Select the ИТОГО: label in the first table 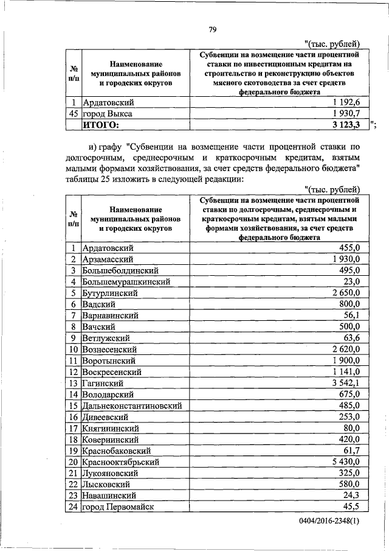101,125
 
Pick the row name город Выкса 108,113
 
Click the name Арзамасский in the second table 108,259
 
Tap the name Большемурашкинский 126,282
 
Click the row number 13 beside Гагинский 74,383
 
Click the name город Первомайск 118,507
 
